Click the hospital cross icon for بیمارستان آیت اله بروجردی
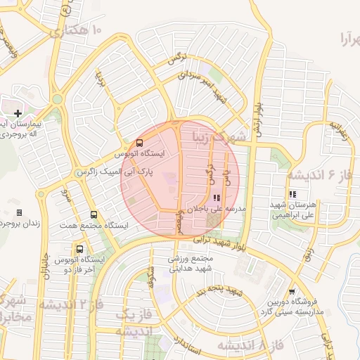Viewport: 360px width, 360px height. click(18, 112)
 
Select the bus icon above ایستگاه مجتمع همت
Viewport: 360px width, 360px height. click(94, 215)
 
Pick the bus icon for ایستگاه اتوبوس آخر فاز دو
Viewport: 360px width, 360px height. click(79, 249)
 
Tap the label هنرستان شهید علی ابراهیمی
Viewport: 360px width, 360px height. click(290, 209)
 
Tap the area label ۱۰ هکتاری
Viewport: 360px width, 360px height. click(77, 30)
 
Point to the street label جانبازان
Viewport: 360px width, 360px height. click(47, 264)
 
